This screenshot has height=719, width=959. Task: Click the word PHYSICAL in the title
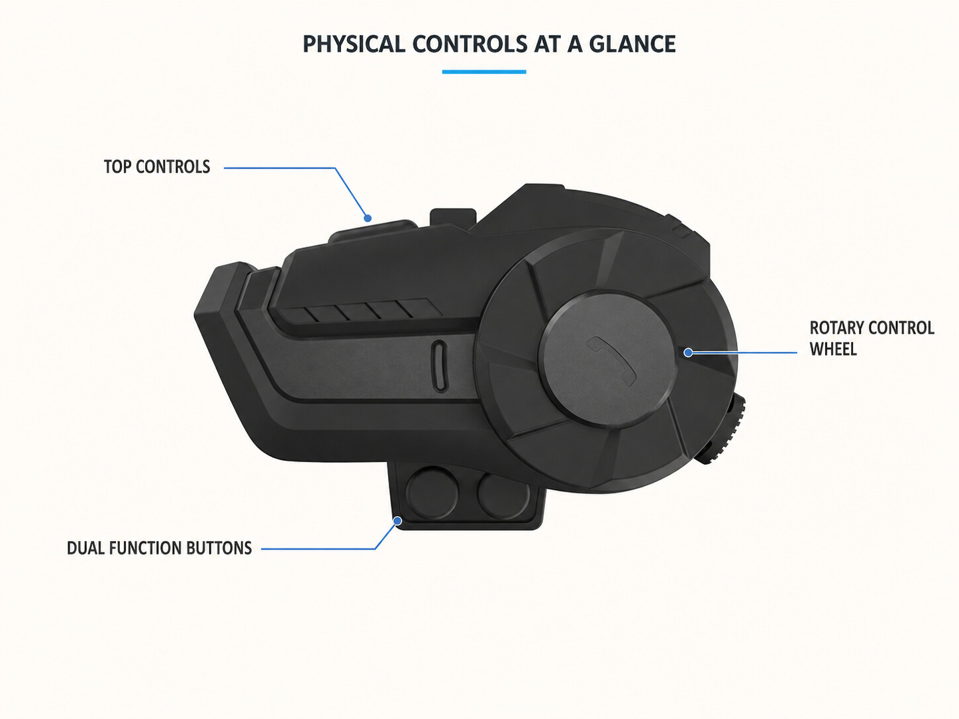pyautogui.click(x=354, y=44)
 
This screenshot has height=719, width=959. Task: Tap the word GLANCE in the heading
pyautogui.click(x=632, y=44)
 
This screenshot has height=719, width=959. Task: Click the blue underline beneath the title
pyautogui.click(x=484, y=72)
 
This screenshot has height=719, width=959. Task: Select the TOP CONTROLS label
pyautogui.click(x=157, y=167)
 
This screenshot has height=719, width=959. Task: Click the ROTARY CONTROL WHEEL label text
pyautogui.click(x=872, y=338)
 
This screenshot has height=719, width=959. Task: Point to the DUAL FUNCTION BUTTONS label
pyautogui.click(x=160, y=548)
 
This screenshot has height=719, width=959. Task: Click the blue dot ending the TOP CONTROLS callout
pyautogui.click(x=368, y=218)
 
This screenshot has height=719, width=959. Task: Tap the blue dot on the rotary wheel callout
pyautogui.click(x=688, y=352)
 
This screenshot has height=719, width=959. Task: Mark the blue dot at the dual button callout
pyautogui.click(x=397, y=520)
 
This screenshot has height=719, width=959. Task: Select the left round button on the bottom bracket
pyautogui.click(x=432, y=493)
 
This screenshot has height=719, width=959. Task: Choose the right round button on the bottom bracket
pyautogui.click(x=503, y=495)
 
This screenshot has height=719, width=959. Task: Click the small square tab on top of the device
pyautogui.click(x=452, y=218)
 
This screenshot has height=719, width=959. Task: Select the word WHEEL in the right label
pyautogui.click(x=833, y=350)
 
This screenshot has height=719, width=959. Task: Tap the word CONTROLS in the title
pyautogui.click(x=470, y=44)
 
